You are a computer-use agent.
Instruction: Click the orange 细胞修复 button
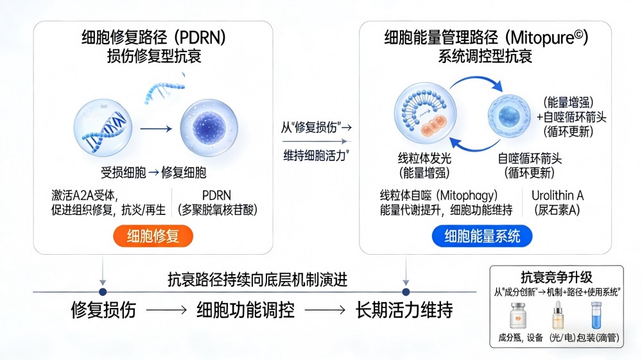(153, 236)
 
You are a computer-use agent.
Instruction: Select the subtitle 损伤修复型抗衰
(154, 56)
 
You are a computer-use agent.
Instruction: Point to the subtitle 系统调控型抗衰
(485, 56)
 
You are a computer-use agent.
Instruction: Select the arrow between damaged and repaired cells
(156, 129)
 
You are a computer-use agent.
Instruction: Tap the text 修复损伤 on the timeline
(103, 311)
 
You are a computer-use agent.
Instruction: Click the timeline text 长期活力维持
(404, 311)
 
